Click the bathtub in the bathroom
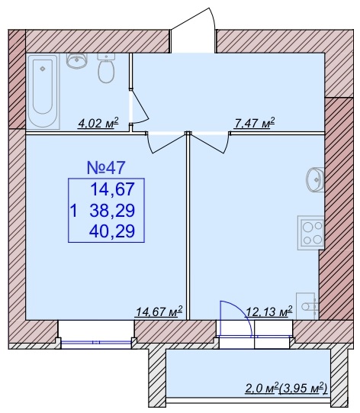point(43,91)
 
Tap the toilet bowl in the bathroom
point(106,69)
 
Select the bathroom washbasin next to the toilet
point(76,61)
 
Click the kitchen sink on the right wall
point(315,179)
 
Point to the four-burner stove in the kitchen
point(310,233)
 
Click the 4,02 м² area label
point(98,123)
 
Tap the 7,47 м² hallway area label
point(254,123)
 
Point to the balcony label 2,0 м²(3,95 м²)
point(286,388)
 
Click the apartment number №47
point(106,168)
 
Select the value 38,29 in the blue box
point(112,211)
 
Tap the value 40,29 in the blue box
point(112,231)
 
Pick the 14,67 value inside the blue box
point(113,189)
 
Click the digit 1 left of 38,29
point(74,211)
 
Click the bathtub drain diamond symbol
point(43,69)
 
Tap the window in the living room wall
point(96,343)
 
